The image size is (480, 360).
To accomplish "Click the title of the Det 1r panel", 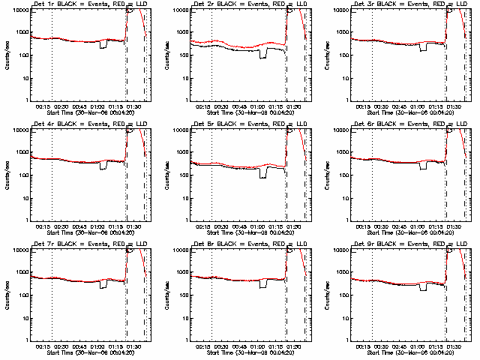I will tap(82, 5).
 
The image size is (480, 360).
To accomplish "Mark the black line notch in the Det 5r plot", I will tap(263, 173).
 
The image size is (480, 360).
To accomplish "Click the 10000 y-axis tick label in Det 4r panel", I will tap(19, 130).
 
